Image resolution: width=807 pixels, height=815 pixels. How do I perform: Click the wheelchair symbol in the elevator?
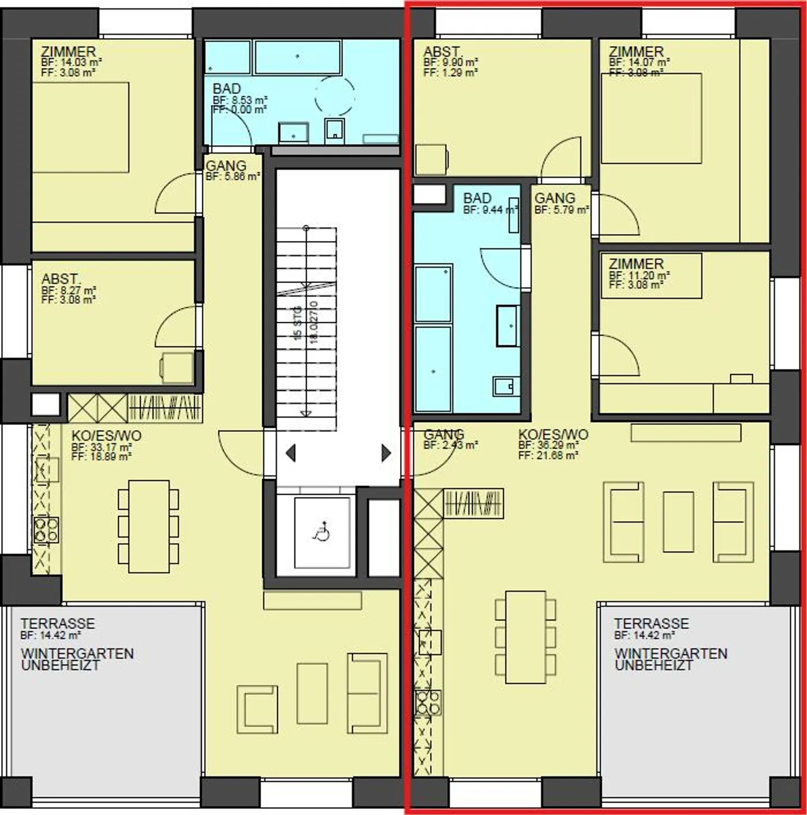(x=322, y=531)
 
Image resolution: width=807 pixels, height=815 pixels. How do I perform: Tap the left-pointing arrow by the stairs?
(x=291, y=452)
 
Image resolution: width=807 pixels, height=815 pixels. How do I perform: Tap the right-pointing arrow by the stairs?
(x=386, y=452)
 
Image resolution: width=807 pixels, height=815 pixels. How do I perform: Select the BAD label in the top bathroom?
(x=226, y=89)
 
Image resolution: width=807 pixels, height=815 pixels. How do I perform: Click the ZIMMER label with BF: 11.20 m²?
(x=636, y=263)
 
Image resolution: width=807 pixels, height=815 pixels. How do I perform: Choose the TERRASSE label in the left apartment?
(x=58, y=623)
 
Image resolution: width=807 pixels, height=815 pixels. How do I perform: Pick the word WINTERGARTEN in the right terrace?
(x=670, y=654)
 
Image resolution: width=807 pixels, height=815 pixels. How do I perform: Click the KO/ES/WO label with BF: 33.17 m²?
(x=106, y=436)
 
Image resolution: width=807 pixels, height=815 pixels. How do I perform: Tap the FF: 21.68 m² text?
(x=548, y=456)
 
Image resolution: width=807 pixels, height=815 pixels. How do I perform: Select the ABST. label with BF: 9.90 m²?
(x=442, y=52)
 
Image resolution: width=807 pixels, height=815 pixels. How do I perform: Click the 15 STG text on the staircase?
(x=298, y=323)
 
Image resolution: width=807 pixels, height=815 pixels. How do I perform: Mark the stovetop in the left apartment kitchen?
(x=47, y=530)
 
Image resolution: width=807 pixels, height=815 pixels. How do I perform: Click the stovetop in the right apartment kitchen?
(x=428, y=703)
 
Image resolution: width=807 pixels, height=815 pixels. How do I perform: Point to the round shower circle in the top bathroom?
(x=335, y=96)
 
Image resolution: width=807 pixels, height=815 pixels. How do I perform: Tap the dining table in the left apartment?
(x=149, y=526)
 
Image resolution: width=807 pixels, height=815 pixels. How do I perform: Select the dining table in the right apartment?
(x=525, y=637)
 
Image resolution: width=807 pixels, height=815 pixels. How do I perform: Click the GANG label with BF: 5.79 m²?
(x=554, y=198)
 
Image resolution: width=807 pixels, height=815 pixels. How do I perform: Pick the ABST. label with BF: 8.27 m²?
(x=60, y=279)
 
